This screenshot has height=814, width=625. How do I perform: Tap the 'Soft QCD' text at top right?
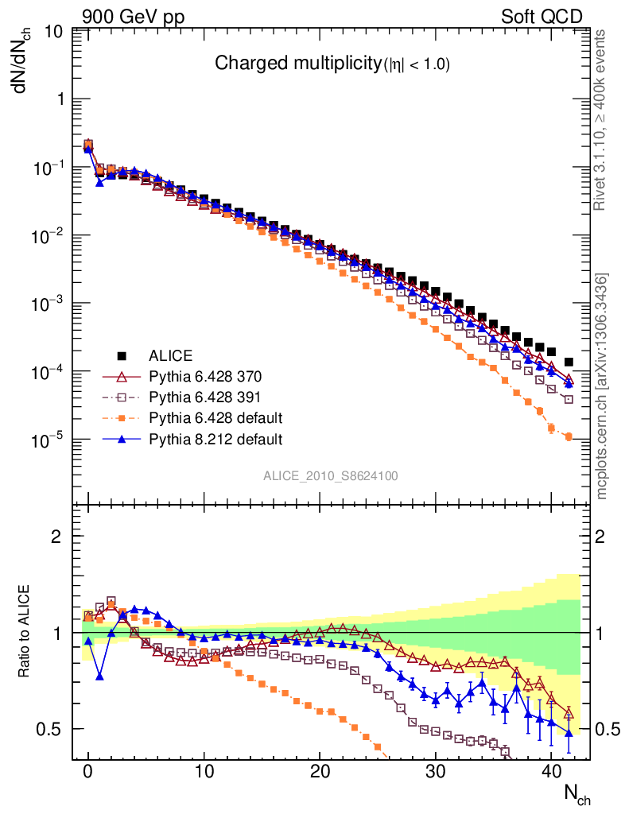tap(542, 17)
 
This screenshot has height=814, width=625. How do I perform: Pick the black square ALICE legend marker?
tap(122, 355)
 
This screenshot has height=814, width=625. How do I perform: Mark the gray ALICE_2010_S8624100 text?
tap(331, 476)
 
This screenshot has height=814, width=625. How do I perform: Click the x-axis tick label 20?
tap(320, 771)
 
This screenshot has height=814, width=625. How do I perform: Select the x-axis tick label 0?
tap(88, 771)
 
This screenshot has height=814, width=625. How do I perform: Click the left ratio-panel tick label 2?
tap(56, 536)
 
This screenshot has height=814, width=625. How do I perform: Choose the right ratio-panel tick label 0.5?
tap(610, 730)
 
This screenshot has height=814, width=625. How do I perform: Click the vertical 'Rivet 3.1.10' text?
tap(601, 120)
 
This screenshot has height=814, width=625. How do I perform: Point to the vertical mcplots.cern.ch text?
tap(601, 386)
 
